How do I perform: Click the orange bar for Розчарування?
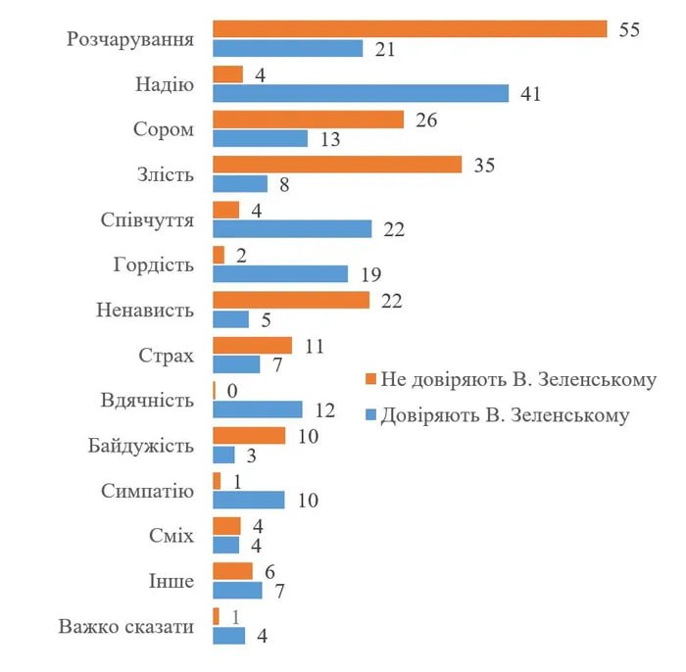click(x=410, y=29)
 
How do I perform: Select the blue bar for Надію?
click(x=361, y=93)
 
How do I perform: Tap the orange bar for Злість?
click(x=337, y=165)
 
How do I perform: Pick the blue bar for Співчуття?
click(x=292, y=228)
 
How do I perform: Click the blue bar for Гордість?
click(x=280, y=273)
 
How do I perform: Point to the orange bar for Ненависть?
click(x=291, y=300)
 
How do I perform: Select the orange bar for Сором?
click(x=308, y=120)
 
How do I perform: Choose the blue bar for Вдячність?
click(x=258, y=409)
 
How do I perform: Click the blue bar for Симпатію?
click(x=249, y=500)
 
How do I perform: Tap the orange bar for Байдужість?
click(x=249, y=435)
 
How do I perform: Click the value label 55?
click(x=629, y=29)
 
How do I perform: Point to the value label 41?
click(x=531, y=94)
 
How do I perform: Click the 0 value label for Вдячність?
click(x=232, y=390)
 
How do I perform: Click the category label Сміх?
click(x=173, y=536)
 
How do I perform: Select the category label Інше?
click(x=172, y=581)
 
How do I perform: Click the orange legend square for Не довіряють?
click(x=370, y=379)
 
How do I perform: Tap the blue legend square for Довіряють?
click(x=370, y=414)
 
